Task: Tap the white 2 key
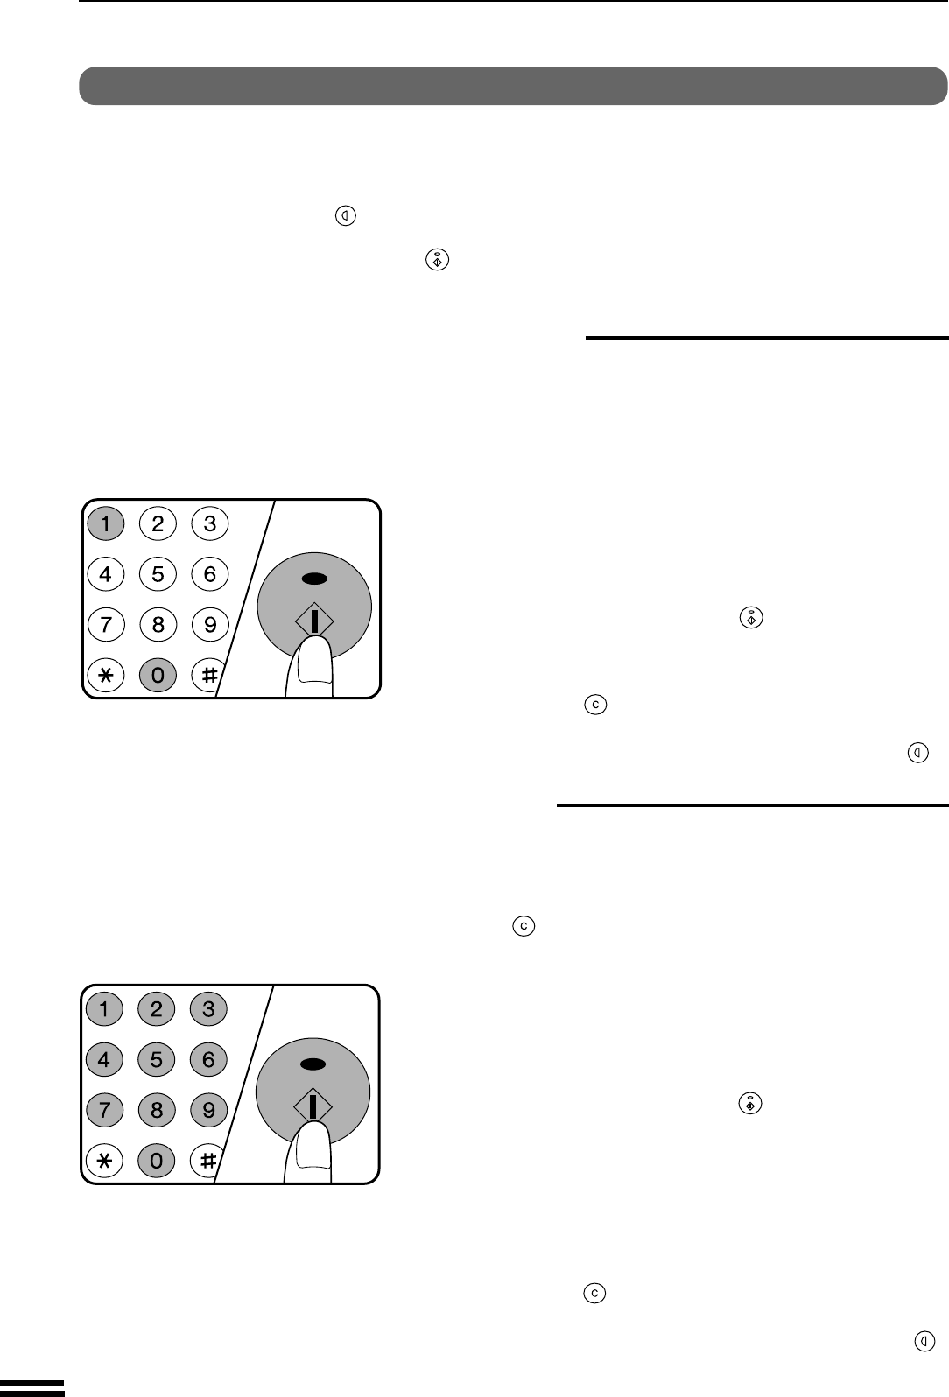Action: coord(158,523)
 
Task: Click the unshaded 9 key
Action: coord(210,624)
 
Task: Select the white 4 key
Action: coord(105,574)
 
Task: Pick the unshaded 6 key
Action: coord(210,574)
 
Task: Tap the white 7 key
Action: coord(105,624)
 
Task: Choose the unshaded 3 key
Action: coord(210,523)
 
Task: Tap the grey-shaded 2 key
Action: coord(157,1009)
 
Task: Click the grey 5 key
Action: coord(157,1060)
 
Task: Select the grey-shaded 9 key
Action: coord(209,1110)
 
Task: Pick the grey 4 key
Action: coord(104,1060)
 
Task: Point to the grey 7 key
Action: coord(104,1110)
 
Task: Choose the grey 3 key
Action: coord(209,1009)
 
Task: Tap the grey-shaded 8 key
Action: coord(157,1110)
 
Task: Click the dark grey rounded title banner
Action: coord(513,86)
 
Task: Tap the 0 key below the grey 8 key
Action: coord(157,1161)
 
